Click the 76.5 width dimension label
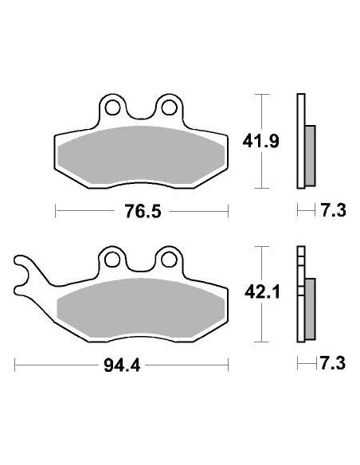[140, 211]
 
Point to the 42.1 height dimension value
[259, 293]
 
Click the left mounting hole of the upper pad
[112, 107]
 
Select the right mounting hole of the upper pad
[169, 107]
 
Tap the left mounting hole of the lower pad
[112, 259]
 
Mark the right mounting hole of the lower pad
[169, 259]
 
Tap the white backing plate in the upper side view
[300, 111]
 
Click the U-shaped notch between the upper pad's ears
[140, 115]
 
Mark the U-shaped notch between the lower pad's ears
[140, 267]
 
